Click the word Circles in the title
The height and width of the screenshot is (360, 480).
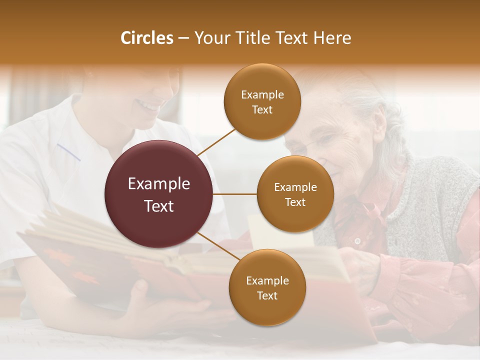[x=146, y=38]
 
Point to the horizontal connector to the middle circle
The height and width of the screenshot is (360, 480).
[x=234, y=194]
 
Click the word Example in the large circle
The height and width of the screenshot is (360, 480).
[x=158, y=184]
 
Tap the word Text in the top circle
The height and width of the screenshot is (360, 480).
[x=262, y=110]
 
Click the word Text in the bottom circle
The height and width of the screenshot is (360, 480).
[x=267, y=296]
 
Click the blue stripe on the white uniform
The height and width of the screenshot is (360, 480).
[x=68, y=152]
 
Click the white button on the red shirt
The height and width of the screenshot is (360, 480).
[x=357, y=241]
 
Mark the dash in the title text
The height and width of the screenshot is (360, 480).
[x=183, y=38]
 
